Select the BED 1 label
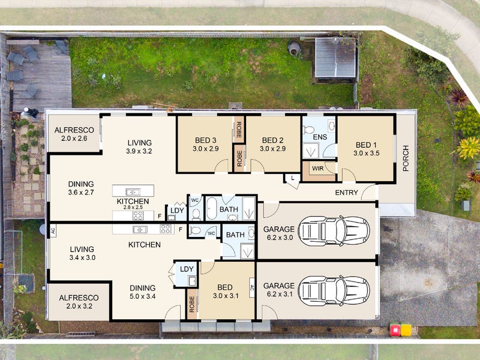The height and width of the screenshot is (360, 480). click(x=367, y=145)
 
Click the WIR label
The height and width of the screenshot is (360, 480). click(x=317, y=169)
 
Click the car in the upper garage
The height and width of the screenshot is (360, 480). click(x=334, y=230)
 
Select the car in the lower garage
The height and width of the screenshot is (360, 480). click(x=334, y=289)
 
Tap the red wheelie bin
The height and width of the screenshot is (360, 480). click(x=395, y=329)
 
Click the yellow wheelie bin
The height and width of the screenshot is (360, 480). click(x=406, y=329)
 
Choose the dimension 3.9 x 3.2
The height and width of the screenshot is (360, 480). click(x=139, y=152)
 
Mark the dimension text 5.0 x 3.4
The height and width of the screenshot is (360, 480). click(x=142, y=296)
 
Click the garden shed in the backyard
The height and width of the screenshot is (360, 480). click(x=336, y=58)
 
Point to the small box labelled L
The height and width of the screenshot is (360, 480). click(x=292, y=179)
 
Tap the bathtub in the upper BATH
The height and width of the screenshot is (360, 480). click(x=212, y=209)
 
